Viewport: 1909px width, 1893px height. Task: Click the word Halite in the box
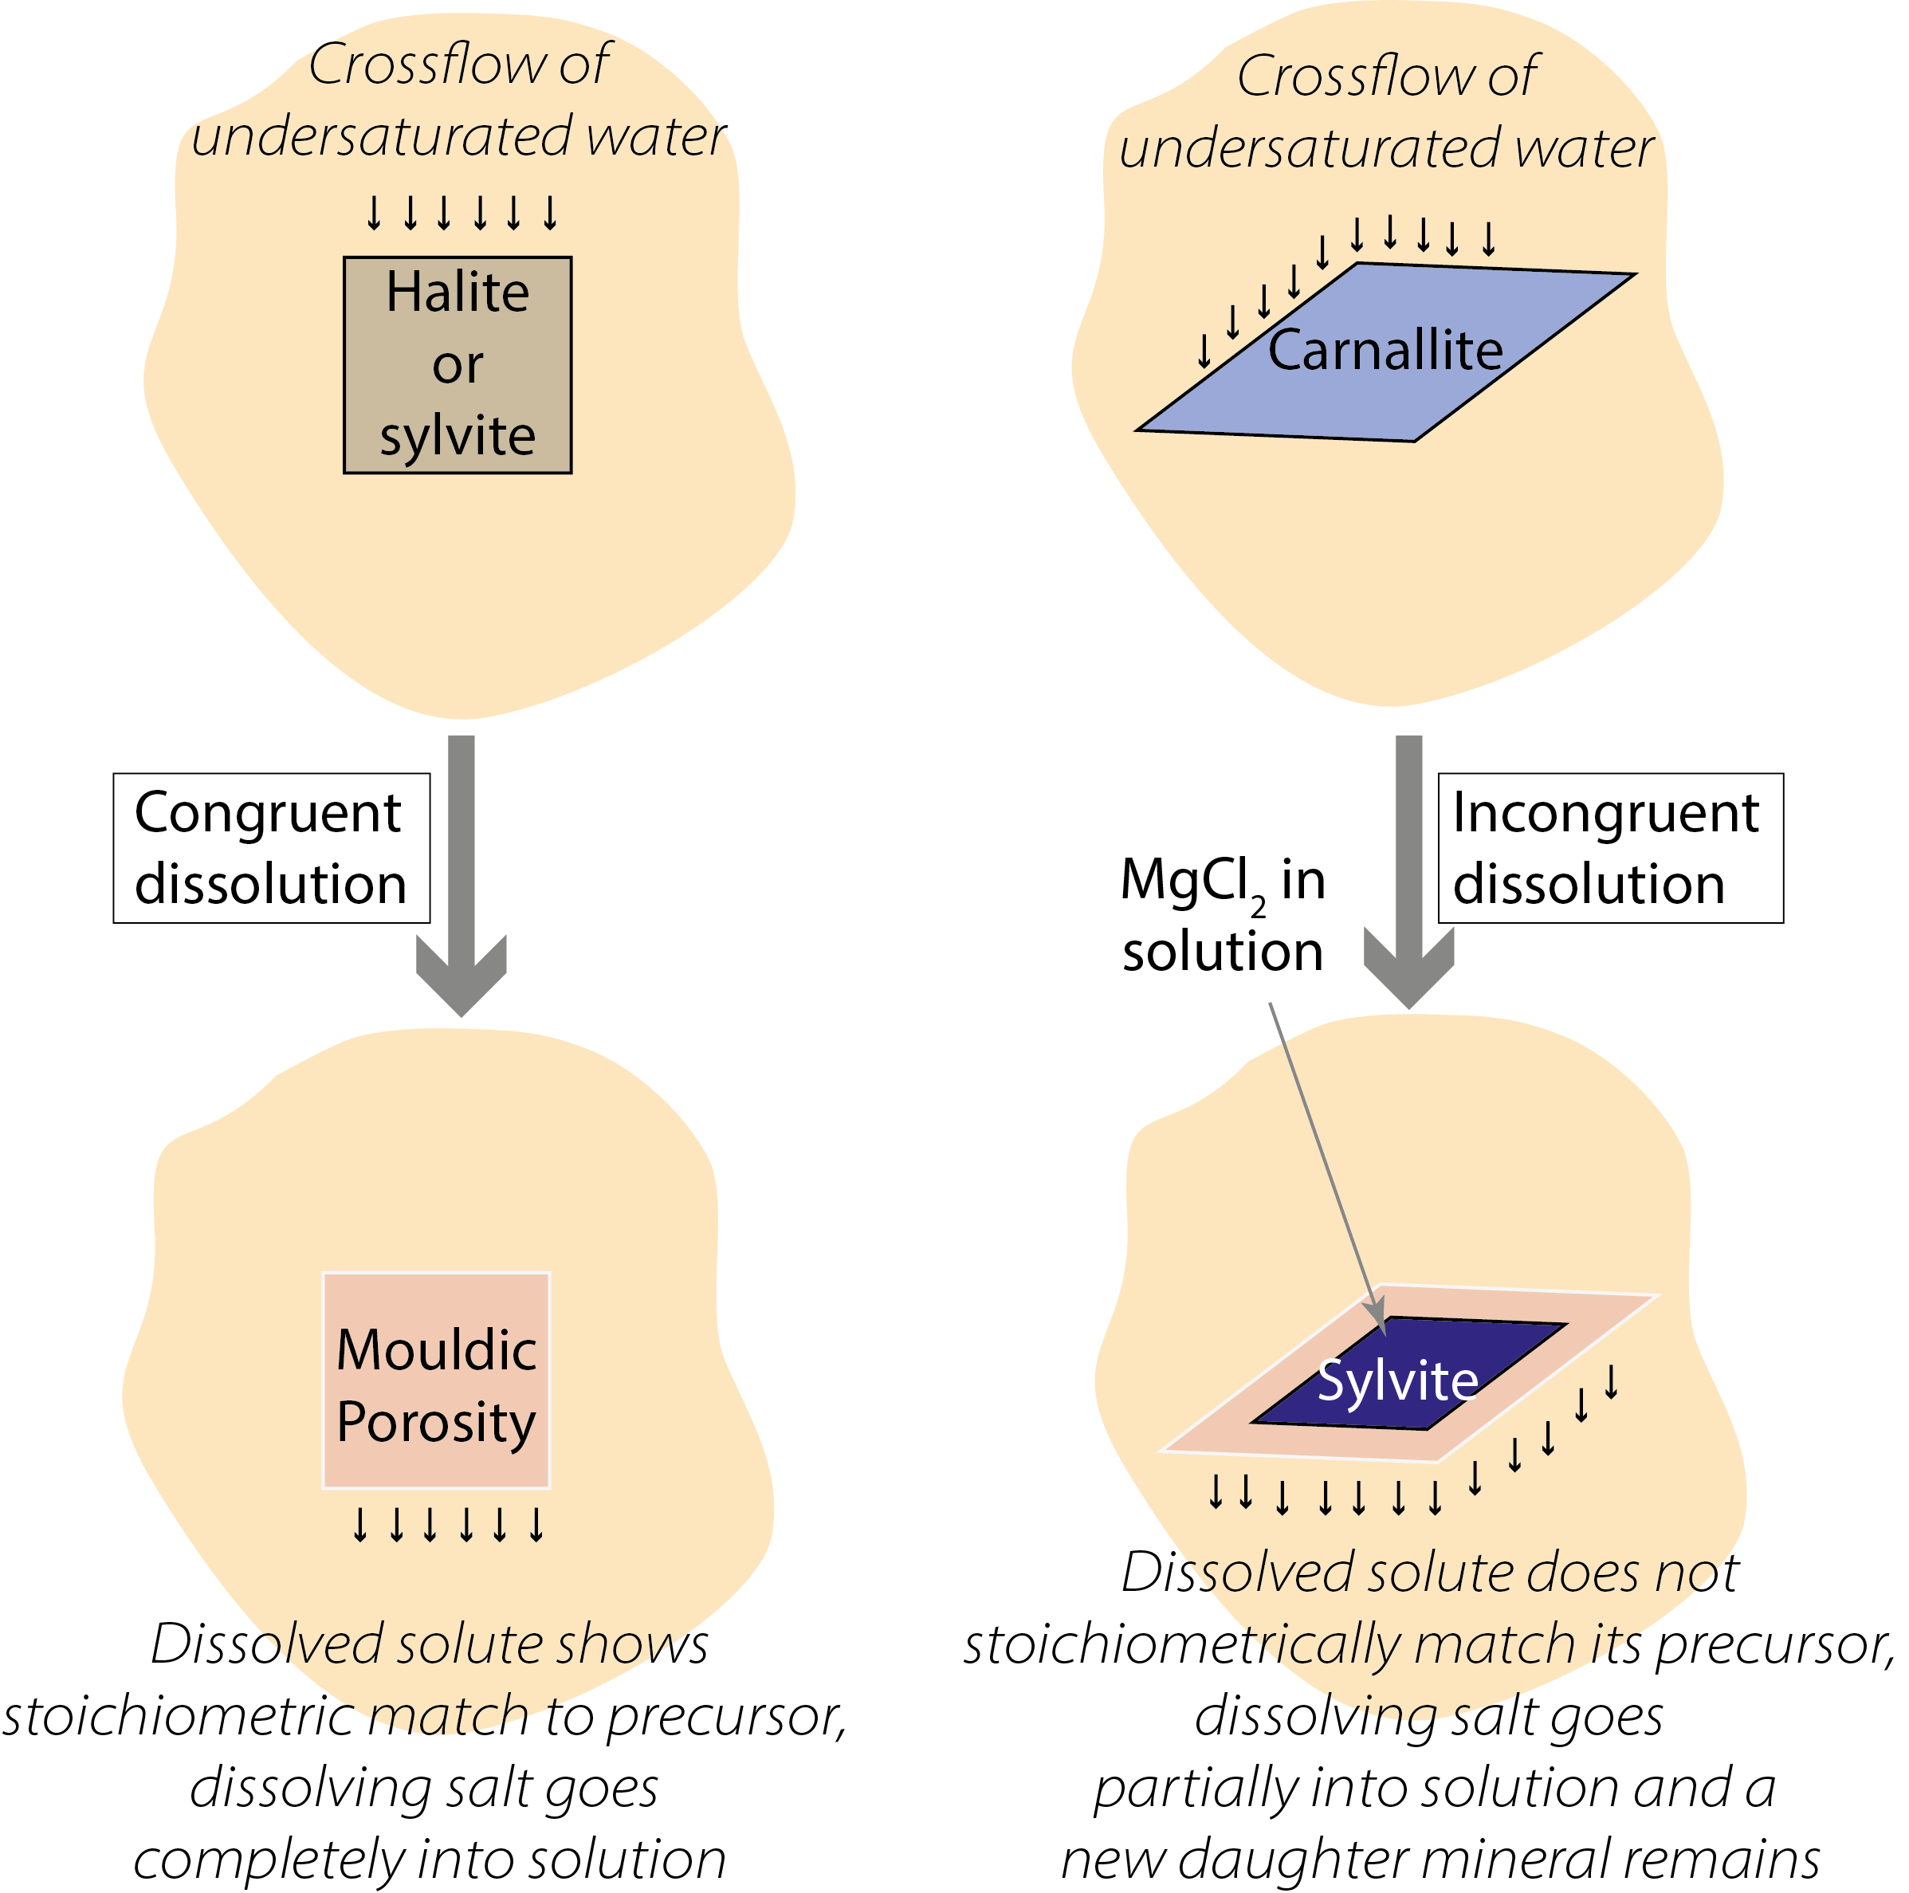457,293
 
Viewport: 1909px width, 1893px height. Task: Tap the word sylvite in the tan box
457,436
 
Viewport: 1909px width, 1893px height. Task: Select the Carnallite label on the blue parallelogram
1385,351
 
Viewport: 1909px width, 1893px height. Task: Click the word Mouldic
436,1350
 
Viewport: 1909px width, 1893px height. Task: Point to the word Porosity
436,1423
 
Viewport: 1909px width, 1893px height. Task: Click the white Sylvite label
1397,1381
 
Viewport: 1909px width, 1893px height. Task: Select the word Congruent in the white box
267,814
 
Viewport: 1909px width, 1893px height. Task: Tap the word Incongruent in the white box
1605,814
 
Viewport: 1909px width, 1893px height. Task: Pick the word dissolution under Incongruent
1589,884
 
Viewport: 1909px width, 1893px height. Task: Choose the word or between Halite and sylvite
457,366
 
